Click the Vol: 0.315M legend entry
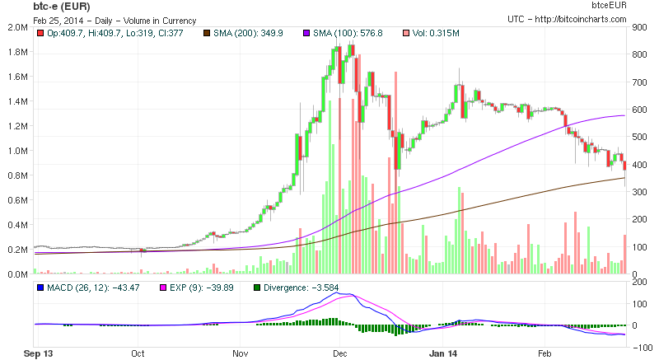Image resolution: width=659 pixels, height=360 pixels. click(x=437, y=33)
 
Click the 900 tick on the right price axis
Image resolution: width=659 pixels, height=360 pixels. click(x=638, y=27)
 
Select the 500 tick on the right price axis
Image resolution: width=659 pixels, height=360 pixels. click(x=638, y=137)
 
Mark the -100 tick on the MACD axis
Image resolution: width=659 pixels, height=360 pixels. click(x=641, y=348)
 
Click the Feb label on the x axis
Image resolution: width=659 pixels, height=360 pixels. click(x=544, y=354)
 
